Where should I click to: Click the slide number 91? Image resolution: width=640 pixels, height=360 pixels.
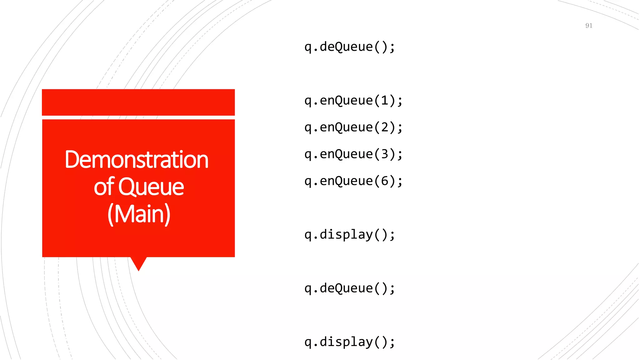589,26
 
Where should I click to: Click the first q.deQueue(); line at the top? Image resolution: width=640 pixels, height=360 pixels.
350,47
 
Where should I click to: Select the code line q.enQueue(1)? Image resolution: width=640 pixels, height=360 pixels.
353,101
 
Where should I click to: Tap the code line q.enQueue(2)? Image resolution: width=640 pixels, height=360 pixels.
353,127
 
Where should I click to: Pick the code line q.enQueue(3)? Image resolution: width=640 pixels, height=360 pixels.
353,154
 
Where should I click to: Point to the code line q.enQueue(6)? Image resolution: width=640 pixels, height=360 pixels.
353,181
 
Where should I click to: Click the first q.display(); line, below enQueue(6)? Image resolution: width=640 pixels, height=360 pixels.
350,235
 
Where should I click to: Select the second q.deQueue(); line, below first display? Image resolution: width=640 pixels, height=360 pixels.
350,288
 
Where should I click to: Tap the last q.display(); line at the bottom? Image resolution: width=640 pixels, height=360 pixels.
350,342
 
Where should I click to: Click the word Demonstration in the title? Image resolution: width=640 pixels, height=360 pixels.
137,160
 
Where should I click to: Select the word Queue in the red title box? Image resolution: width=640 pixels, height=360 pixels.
151,187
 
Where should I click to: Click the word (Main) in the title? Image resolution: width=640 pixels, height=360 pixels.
139,214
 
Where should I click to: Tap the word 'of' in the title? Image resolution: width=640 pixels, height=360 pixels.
104,187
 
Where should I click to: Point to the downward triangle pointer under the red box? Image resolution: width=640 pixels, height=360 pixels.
138,263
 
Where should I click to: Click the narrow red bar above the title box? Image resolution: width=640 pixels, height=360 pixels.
138,102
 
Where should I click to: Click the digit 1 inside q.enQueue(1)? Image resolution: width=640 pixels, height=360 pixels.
384,101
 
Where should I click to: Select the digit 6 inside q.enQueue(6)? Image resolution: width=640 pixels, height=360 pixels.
384,181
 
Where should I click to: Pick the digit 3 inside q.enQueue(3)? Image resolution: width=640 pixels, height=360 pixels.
384,154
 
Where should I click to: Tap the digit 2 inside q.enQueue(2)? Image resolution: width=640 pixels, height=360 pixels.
384,127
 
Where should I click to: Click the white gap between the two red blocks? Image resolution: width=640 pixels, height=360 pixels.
138,117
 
